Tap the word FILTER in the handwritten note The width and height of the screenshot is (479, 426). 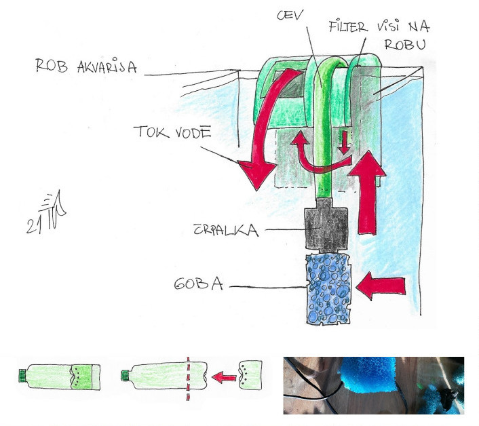(x=348, y=26)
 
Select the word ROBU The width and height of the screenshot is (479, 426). (x=405, y=45)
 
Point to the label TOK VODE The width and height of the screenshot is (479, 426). (x=172, y=132)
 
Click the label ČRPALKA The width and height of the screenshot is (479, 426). (x=226, y=230)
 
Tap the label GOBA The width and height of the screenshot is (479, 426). (x=199, y=284)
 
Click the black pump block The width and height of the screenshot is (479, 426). (x=326, y=225)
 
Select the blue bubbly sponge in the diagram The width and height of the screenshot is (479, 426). (x=328, y=288)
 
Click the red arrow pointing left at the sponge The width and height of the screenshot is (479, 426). (x=381, y=286)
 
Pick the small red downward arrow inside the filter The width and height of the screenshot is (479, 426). (x=344, y=142)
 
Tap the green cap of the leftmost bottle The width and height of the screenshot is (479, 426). (x=22, y=375)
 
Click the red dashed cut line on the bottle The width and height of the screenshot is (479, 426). (x=188, y=379)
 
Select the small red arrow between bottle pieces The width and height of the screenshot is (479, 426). (x=224, y=377)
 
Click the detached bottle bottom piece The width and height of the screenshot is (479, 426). (x=250, y=375)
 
